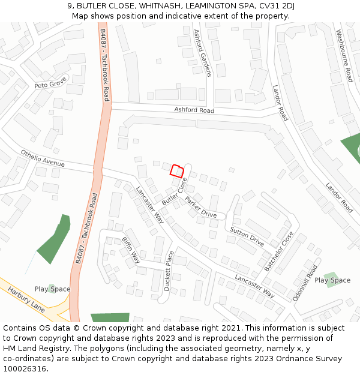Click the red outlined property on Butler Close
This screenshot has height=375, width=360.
click(x=176, y=170)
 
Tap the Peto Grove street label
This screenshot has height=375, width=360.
click(x=50, y=85)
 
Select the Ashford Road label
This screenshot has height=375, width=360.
click(x=194, y=110)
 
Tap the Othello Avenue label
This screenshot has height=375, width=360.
click(x=43, y=158)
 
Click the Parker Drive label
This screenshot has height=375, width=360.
click(x=200, y=207)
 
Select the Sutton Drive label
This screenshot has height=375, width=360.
click(x=247, y=237)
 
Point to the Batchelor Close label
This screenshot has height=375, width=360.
click(x=280, y=251)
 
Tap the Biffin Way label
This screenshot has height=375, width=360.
click(x=131, y=250)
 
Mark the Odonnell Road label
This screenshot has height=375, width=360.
click(x=303, y=283)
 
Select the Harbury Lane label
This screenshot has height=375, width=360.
click(x=26, y=299)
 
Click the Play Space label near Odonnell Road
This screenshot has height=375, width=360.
click(x=332, y=280)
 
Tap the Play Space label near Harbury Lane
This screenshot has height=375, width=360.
click(x=52, y=289)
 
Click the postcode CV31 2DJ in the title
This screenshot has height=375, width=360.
click(x=274, y=6)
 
